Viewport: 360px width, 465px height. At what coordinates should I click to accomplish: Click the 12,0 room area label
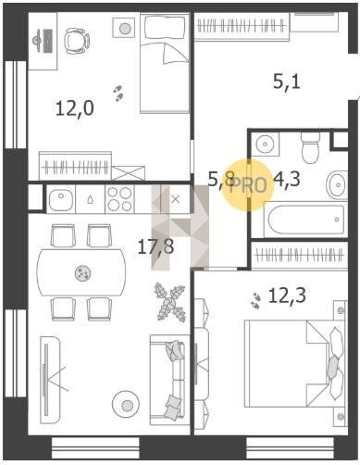coord(75,108)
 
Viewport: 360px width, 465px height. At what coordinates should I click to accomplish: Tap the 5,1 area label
coord(287,82)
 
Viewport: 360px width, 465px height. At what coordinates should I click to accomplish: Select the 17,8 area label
coord(155,246)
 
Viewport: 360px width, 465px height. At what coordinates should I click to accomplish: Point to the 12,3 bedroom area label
coord(287,295)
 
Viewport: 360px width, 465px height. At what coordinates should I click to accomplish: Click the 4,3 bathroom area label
coord(287,180)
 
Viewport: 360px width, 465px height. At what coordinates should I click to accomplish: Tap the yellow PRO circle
coord(248,185)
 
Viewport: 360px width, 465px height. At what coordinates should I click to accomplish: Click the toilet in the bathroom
coord(310,148)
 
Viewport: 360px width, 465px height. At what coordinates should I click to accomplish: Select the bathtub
coord(305,220)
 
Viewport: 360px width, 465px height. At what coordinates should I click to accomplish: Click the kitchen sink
coord(61,199)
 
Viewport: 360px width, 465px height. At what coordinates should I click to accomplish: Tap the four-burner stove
coord(119,199)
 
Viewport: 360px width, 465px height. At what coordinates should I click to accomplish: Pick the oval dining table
coord(81,272)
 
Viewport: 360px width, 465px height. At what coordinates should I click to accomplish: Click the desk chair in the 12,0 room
coord(77,41)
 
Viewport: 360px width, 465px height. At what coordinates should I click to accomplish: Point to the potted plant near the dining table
coord(170,302)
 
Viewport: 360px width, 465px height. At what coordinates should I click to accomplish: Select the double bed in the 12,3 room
coord(294,363)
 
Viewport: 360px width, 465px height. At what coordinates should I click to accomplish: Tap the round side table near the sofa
coord(126,405)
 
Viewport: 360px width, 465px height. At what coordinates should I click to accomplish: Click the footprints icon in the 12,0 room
coord(118,94)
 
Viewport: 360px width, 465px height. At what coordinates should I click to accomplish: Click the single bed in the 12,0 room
coord(165,63)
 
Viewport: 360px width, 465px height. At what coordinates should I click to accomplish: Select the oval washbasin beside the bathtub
coord(337,185)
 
